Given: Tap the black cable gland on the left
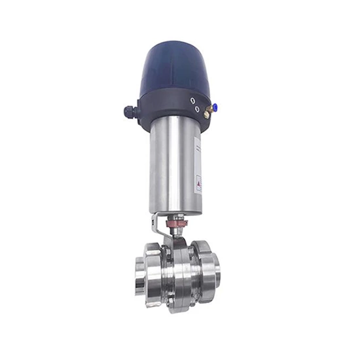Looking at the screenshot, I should (130, 112).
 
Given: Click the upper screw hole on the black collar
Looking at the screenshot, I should (192, 100).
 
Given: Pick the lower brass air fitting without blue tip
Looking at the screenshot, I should (206, 116).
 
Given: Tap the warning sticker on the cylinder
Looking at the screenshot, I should (199, 183).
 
